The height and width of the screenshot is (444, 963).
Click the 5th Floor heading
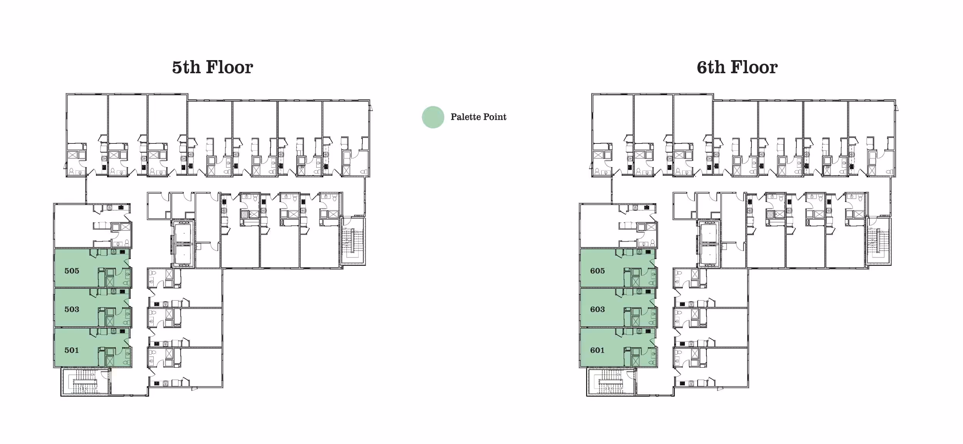coord(212,67)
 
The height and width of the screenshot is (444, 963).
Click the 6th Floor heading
coord(737,67)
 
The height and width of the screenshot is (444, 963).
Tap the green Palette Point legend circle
coord(433,117)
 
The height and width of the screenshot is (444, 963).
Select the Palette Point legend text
coord(478,117)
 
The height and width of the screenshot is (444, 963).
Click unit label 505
coord(72,271)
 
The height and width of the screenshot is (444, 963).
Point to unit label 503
coord(72,309)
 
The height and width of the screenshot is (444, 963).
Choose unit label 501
coord(72,350)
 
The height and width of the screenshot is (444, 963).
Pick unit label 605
coord(597,271)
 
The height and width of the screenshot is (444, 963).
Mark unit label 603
coord(597,309)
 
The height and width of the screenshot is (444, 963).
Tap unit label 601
coord(597,350)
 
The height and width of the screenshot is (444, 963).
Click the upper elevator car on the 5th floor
coord(183,233)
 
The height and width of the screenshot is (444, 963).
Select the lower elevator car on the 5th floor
coord(183,255)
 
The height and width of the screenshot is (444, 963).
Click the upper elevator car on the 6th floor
coord(709,233)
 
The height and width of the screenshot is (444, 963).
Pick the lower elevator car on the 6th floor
coord(709,255)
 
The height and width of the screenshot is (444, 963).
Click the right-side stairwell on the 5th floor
coord(353,242)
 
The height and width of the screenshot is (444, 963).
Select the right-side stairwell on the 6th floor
coord(879,242)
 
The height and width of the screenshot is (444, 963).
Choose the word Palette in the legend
coord(466,117)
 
